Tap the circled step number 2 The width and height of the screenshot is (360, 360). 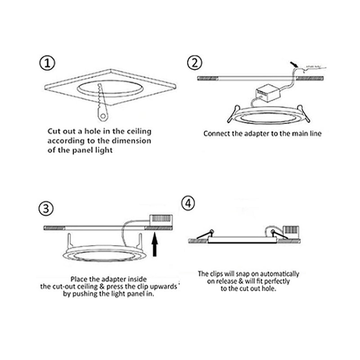193,63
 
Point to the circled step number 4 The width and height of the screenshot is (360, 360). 189,203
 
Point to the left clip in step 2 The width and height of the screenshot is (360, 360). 233,112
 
